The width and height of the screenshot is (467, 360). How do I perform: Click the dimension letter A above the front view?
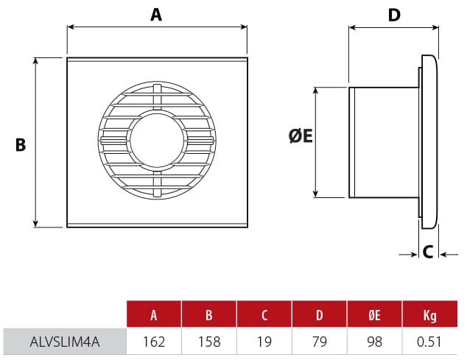point(155,15)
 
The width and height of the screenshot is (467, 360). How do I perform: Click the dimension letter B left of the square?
point(21,145)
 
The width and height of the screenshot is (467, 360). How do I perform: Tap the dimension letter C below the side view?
point(427,252)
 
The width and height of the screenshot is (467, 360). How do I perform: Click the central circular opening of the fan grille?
point(156,141)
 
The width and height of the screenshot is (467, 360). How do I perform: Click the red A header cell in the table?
point(154,316)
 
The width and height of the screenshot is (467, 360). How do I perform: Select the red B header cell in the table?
point(209,316)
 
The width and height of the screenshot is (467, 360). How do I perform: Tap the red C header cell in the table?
point(264,316)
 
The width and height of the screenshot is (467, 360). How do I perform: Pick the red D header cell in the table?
point(320,316)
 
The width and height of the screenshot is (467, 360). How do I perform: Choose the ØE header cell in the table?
point(375,316)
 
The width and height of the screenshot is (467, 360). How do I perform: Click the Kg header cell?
point(430,316)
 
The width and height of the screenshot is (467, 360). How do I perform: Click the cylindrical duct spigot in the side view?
point(382,142)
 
